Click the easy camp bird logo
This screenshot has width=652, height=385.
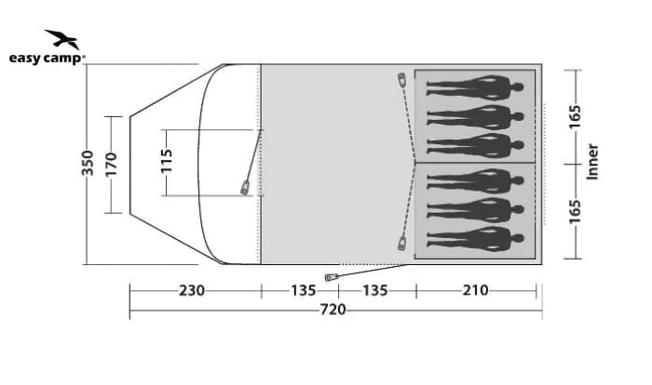(x=62, y=39)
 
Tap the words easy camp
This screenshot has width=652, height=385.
(x=46, y=59)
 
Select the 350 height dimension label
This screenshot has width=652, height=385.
(x=88, y=163)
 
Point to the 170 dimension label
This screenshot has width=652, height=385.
(x=111, y=165)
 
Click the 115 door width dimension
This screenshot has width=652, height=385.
(x=166, y=161)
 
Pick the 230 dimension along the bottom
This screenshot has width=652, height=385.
(x=192, y=290)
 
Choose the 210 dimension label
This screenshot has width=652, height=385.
(x=476, y=290)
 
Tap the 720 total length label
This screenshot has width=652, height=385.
(x=333, y=310)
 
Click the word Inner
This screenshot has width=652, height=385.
(x=592, y=162)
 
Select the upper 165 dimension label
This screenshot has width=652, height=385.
(x=575, y=117)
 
